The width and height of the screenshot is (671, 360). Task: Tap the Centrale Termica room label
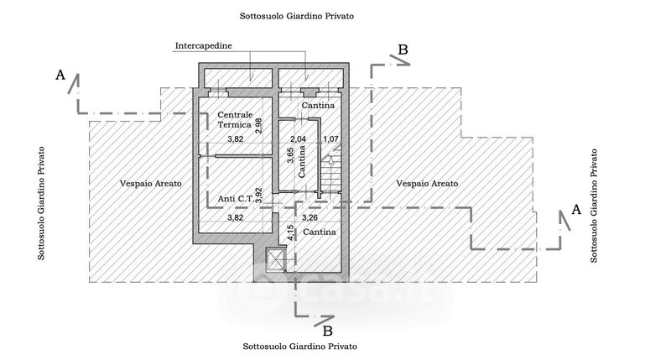(x=234, y=119)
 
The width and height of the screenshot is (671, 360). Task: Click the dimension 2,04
(x=298, y=138)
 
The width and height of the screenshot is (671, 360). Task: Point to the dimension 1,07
(x=330, y=138)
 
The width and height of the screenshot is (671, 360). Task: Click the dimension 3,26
(x=309, y=218)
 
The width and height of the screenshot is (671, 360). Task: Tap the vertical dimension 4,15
(x=290, y=233)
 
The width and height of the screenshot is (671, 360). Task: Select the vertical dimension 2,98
(x=258, y=126)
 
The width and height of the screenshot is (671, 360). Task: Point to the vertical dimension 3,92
(x=258, y=196)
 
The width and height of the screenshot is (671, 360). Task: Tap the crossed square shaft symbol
(x=275, y=261)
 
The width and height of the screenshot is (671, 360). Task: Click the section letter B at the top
(x=403, y=50)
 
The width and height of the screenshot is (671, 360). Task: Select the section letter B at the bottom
(x=328, y=329)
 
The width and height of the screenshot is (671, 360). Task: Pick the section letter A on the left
(x=60, y=76)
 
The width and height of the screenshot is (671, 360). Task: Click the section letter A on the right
(x=575, y=210)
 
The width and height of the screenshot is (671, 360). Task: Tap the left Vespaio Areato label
(x=151, y=182)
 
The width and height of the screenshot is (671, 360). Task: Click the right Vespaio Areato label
(x=428, y=182)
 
